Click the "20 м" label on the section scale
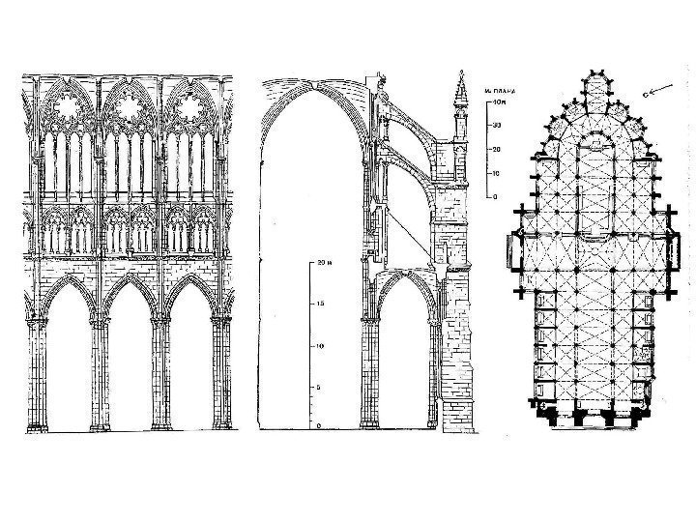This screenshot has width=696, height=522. [x=324, y=263]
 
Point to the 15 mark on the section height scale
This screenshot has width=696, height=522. [x=320, y=304]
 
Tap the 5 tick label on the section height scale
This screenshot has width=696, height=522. [x=320, y=386]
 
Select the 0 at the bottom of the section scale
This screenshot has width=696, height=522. [x=320, y=426]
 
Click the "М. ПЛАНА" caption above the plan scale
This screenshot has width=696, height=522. [x=501, y=90]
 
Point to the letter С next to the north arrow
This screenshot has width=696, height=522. [x=645, y=97]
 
